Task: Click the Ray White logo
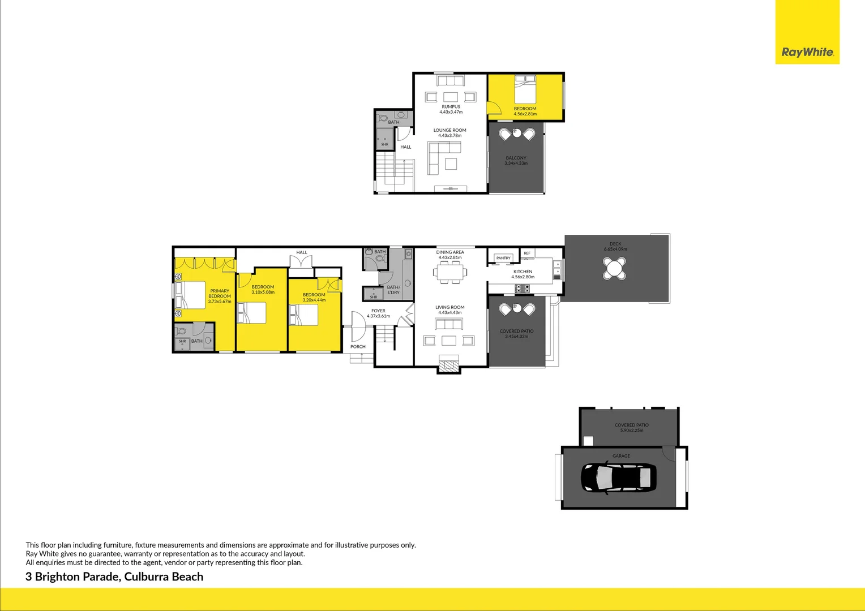click(807, 52)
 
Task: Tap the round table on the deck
click(614, 268)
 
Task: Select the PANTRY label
click(503, 258)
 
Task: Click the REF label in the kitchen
click(527, 253)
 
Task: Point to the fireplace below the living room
click(449, 365)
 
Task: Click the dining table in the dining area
click(450, 273)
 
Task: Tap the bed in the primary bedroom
click(191, 295)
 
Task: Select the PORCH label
click(358, 347)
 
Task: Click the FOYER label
click(378, 311)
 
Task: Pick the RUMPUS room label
click(451, 106)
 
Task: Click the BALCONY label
click(516, 158)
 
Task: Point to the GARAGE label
click(621, 456)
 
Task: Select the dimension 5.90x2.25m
click(632, 431)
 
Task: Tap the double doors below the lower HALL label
click(301, 262)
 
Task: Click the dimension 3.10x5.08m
click(263, 292)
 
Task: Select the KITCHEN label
click(523, 272)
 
